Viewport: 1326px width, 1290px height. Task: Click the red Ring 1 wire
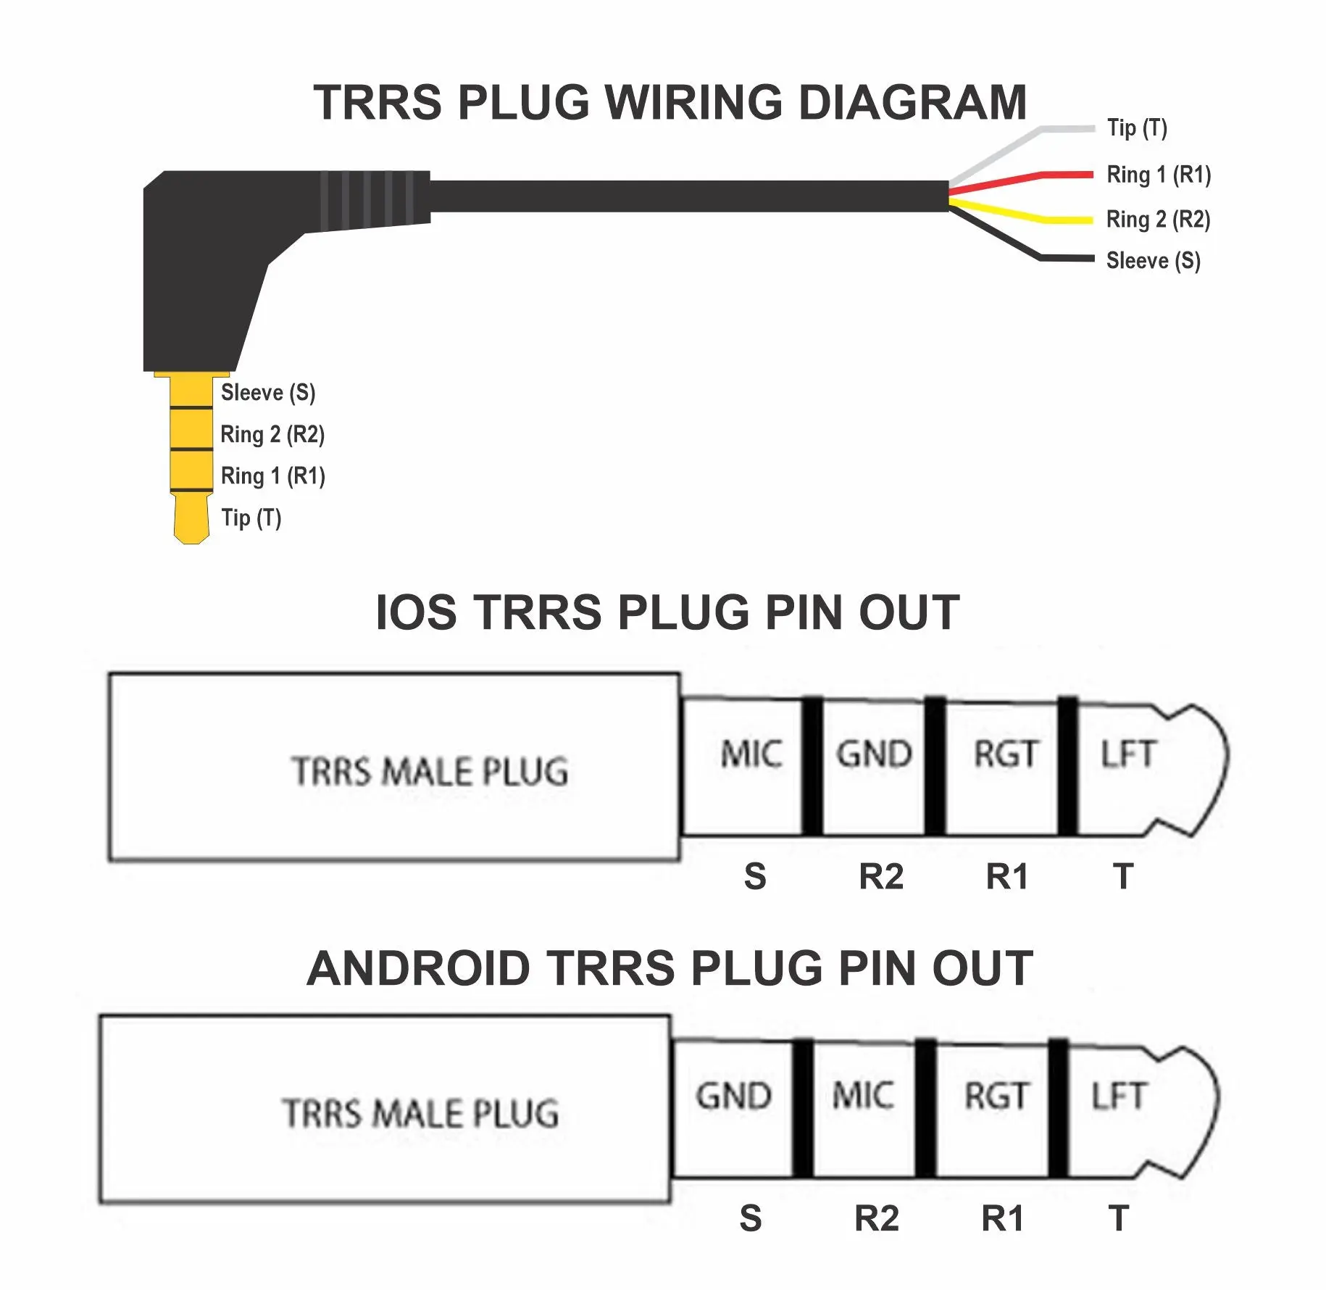click(x=1021, y=181)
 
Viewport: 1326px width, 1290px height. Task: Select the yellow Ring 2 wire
click(x=1021, y=212)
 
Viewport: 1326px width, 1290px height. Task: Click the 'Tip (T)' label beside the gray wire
click(x=1137, y=128)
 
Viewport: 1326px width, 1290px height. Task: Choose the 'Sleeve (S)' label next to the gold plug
click(x=268, y=393)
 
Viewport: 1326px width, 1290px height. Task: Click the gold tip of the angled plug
click(x=191, y=518)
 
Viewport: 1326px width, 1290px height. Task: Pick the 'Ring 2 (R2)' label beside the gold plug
click(x=272, y=435)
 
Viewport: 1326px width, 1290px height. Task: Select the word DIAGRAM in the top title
click(x=912, y=102)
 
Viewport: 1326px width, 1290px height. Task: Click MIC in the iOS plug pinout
click(x=751, y=754)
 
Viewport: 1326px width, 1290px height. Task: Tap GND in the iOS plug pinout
click(x=874, y=754)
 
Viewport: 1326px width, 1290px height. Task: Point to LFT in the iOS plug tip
click(x=1127, y=754)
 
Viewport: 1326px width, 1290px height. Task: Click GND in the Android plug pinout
click(x=733, y=1096)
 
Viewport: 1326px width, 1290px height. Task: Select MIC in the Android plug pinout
click(x=862, y=1095)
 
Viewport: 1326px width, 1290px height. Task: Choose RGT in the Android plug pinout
click(x=996, y=1096)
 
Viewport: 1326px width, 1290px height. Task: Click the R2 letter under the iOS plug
click(x=881, y=877)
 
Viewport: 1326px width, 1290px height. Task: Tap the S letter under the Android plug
click(x=751, y=1218)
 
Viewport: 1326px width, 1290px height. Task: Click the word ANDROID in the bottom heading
click(x=418, y=968)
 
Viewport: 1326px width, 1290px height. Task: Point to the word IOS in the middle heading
click(x=416, y=612)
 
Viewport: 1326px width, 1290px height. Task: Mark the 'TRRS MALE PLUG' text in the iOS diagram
click(x=430, y=771)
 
